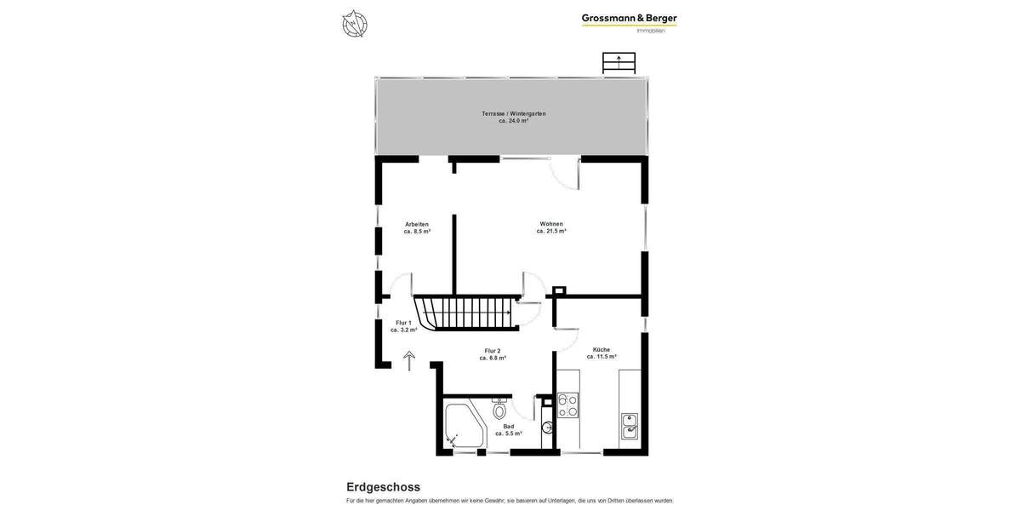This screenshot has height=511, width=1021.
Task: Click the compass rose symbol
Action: (x=355, y=24)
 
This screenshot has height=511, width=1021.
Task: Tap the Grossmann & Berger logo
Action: (x=629, y=21)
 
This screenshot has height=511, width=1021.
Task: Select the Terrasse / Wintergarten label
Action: (x=514, y=113)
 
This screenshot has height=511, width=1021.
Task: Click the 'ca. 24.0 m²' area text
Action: (x=514, y=121)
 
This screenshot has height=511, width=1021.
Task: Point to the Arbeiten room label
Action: (x=417, y=224)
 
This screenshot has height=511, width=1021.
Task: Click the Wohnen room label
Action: (x=551, y=224)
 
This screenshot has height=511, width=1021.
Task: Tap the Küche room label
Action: (x=602, y=349)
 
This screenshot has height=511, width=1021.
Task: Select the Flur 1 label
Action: (x=403, y=323)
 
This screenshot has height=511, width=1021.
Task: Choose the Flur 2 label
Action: (x=493, y=351)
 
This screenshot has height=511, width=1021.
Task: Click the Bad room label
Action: (x=509, y=426)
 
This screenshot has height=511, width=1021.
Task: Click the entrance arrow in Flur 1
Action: (x=409, y=361)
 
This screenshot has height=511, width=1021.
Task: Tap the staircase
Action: (x=465, y=313)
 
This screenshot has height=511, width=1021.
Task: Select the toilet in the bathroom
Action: (x=499, y=409)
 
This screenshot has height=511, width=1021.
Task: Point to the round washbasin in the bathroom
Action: (x=547, y=428)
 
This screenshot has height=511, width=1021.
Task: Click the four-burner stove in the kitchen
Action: (x=568, y=405)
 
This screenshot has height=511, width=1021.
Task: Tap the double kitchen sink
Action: (x=630, y=426)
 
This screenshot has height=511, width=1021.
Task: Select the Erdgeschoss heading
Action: (x=383, y=487)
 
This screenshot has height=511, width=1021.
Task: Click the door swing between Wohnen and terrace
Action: (x=564, y=175)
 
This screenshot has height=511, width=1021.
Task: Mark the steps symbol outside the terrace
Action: (x=619, y=63)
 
